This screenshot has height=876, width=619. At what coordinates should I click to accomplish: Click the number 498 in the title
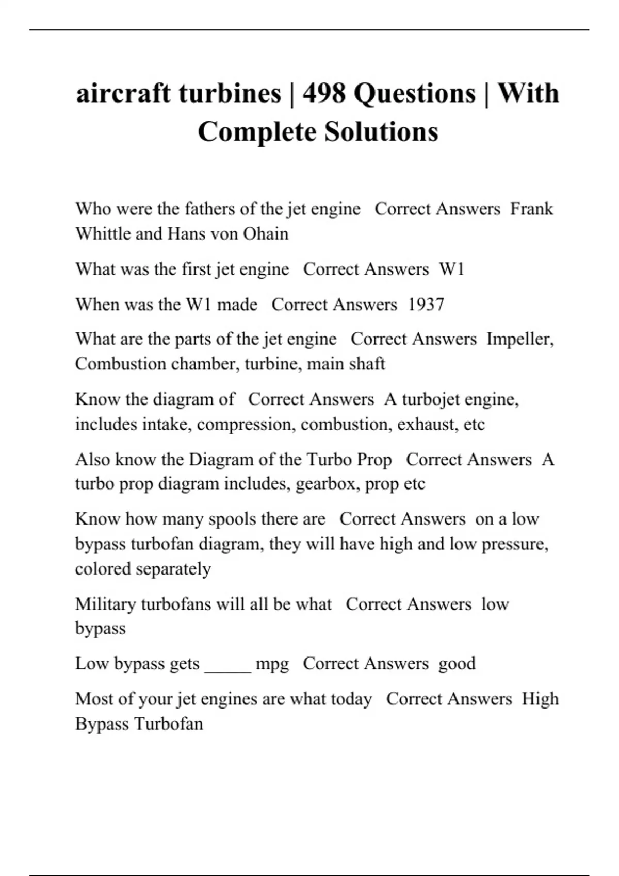(324, 93)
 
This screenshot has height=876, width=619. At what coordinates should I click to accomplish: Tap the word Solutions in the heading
(381, 131)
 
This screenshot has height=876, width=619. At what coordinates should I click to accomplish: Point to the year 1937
(426, 305)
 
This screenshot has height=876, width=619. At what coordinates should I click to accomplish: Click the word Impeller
(520, 339)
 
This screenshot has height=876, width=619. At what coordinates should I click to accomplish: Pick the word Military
(105, 604)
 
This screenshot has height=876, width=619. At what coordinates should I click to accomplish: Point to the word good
(457, 664)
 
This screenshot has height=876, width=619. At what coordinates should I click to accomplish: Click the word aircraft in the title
(124, 93)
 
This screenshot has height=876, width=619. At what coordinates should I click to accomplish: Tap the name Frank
(531, 209)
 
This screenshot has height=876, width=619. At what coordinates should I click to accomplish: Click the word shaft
(367, 364)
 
